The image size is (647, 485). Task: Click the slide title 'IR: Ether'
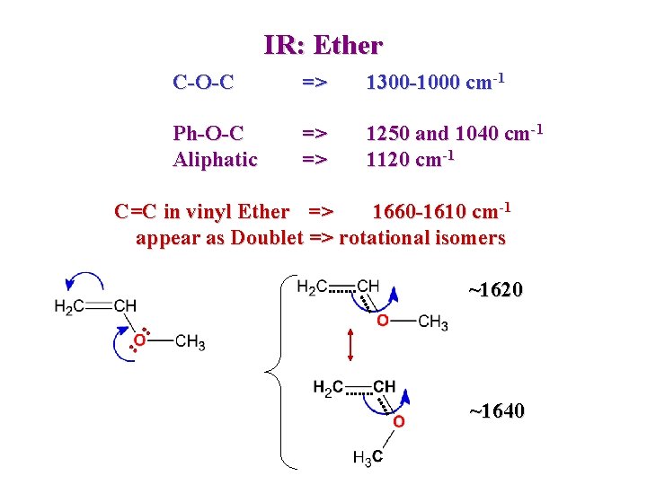(323, 44)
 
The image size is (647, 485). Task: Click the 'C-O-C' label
(203, 83)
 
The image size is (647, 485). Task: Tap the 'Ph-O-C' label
(208, 134)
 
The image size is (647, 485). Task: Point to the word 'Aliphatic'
(215, 160)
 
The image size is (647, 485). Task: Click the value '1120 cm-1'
(410, 159)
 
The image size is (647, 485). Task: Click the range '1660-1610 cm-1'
(441, 211)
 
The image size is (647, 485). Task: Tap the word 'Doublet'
(267, 238)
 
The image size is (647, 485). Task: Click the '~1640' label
(496, 411)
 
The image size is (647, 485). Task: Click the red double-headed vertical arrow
(350, 346)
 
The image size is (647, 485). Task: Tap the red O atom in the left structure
(139, 340)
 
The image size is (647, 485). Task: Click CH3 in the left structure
(190, 341)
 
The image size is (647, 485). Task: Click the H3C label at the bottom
(368, 458)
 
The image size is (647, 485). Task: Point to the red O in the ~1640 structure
(398, 421)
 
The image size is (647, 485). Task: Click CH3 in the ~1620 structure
(433, 322)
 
